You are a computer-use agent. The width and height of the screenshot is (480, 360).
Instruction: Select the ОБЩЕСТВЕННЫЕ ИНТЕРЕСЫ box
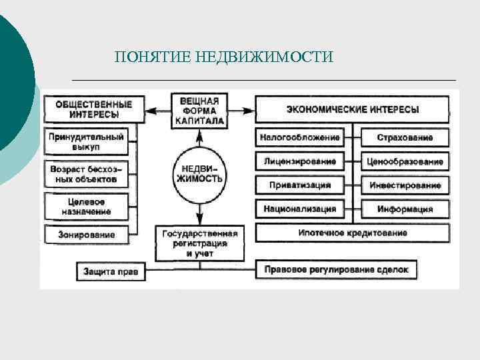click(x=94, y=109)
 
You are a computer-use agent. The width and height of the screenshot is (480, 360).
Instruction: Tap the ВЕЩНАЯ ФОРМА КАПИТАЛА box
click(x=199, y=111)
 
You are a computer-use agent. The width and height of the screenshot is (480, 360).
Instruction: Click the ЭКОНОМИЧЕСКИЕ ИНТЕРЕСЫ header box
click(x=353, y=109)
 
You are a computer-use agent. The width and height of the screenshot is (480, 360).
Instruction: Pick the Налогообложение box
click(x=301, y=138)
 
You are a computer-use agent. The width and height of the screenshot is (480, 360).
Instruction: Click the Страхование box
click(x=404, y=138)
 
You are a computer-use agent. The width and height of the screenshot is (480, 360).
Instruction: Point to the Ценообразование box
click(x=404, y=161)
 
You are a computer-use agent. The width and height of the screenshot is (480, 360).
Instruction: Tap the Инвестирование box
click(x=404, y=185)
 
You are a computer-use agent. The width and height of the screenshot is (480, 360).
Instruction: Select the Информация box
click(x=404, y=209)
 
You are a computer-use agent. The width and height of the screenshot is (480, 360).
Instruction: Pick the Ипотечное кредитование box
click(x=353, y=233)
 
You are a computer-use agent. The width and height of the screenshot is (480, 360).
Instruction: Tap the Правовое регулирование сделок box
click(x=341, y=270)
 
